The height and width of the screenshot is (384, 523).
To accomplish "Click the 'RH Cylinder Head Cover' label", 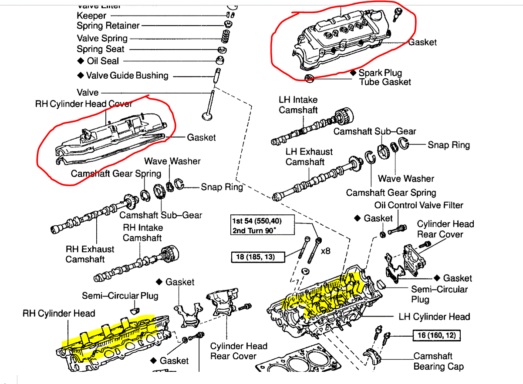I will pyautogui.click(x=84, y=104).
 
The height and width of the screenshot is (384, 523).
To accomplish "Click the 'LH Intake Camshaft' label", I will pyautogui.click(x=298, y=105).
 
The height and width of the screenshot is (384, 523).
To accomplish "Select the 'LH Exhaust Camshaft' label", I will pyautogui.click(x=309, y=157).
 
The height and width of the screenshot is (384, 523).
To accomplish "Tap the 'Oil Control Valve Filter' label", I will pyautogui.click(x=418, y=205).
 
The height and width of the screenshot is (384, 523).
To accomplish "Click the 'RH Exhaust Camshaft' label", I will pyautogui.click(x=90, y=254).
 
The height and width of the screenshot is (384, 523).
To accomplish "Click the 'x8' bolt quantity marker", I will pyautogui.click(x=326, y=251).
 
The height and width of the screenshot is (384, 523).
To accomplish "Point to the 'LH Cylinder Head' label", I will pyautogui.click(x=434, y=316).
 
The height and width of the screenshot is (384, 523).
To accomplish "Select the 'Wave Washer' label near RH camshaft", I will pyautogui.click(x=172, y=161).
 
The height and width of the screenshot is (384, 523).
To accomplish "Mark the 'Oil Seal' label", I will pyautogui.click(x=103, y=61).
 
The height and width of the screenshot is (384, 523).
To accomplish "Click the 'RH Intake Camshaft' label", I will pyautogui.click(x=142, y=233).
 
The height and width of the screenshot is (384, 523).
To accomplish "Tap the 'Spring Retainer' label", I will pyautogui.click(x=108, y=26).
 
